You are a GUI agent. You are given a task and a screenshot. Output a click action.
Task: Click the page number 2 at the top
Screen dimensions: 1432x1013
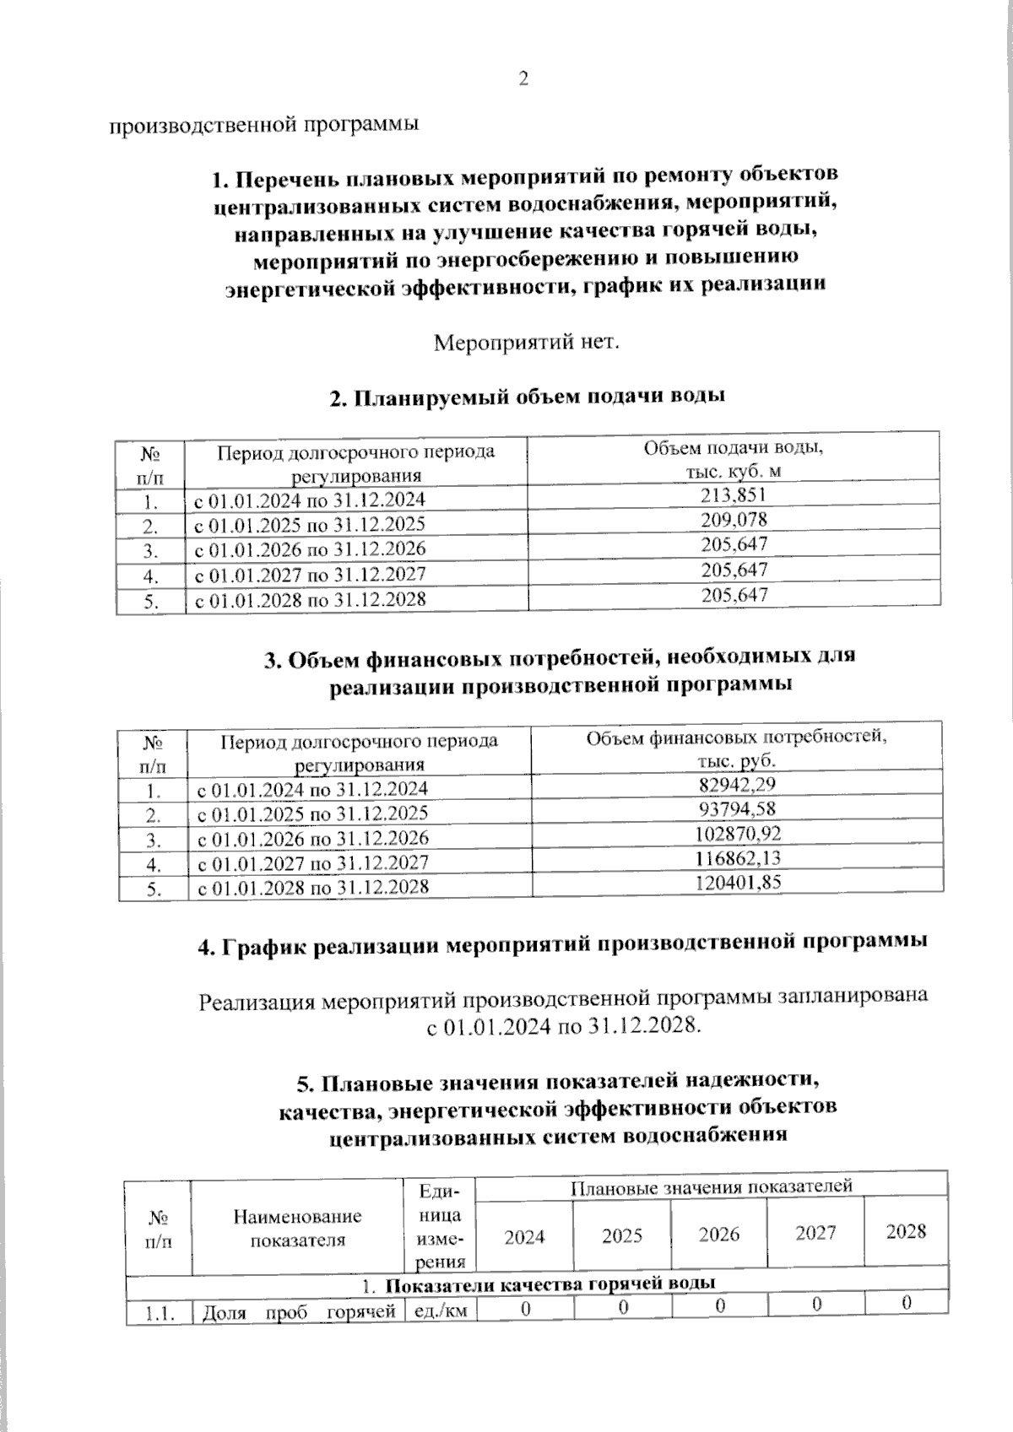(523, 79)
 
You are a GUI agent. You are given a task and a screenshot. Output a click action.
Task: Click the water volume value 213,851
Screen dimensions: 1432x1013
(734, 495)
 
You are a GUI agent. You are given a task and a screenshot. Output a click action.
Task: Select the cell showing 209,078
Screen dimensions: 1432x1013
(734, 520)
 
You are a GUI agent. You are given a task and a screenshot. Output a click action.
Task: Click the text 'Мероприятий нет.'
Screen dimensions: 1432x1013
(527, 343)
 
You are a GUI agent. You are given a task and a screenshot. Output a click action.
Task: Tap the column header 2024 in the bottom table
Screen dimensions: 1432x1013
(524, 1236)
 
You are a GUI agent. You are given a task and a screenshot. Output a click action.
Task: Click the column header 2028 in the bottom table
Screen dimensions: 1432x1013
(906, 1231)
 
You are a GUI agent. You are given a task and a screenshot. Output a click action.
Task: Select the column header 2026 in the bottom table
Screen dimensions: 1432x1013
(719, 1235)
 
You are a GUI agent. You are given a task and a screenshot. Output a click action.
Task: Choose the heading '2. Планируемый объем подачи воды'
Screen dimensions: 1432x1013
(528, 397)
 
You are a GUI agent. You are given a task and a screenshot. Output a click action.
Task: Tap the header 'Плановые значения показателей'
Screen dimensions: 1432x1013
(712, 1186)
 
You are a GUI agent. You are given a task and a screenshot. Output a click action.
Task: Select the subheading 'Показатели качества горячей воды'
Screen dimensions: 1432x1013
(550, 1283)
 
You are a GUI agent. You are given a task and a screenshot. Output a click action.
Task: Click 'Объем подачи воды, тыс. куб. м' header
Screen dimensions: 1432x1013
(734, 459)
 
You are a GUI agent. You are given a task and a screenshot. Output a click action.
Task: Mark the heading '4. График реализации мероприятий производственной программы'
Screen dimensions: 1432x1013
(563, 945)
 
